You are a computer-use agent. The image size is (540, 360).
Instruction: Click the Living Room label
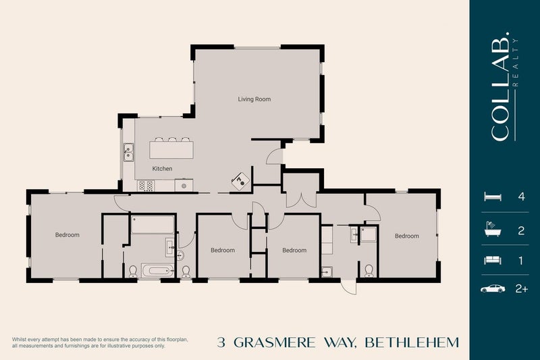(254, 99)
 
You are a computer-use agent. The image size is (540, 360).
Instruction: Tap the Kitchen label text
(162, 168)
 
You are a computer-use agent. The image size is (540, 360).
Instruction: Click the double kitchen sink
(128, 153)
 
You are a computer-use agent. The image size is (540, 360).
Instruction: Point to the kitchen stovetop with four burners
(146, 184)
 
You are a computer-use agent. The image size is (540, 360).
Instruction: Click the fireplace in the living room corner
(241, 179)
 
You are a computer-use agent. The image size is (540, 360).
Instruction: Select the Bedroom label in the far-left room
(67, 235)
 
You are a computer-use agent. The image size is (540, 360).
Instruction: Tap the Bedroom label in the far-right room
(407, 236)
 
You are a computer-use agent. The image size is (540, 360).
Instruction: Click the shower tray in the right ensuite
(369, 234)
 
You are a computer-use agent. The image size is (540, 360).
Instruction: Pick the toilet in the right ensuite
(369, 271)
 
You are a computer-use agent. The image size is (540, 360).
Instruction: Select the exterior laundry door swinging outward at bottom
(348, 286)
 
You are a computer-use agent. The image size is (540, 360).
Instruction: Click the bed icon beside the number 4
(492, 197)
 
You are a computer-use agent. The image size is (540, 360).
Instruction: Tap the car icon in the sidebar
(492, 288)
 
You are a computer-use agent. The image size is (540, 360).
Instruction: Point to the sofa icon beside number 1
(492, 259)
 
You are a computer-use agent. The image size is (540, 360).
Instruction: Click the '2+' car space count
(520, 288)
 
